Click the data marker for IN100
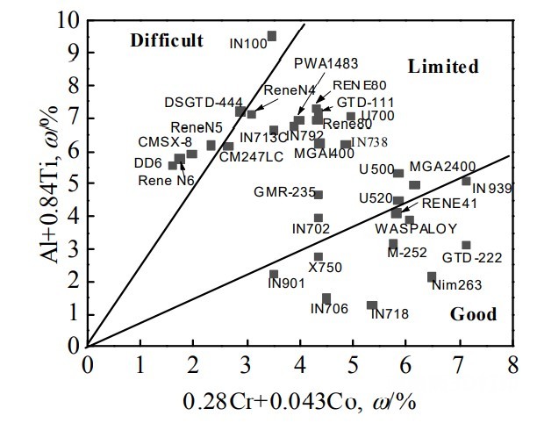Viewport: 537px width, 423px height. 272,36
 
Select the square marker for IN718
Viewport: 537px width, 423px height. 372,305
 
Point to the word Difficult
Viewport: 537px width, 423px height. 167,40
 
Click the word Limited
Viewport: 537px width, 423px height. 442,67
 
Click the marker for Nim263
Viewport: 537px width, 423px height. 432,277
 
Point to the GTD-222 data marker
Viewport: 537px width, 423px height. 466,246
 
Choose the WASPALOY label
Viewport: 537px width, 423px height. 416,228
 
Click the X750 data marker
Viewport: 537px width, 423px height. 319,257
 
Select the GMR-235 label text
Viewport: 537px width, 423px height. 283,192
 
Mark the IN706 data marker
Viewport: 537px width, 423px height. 326,298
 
